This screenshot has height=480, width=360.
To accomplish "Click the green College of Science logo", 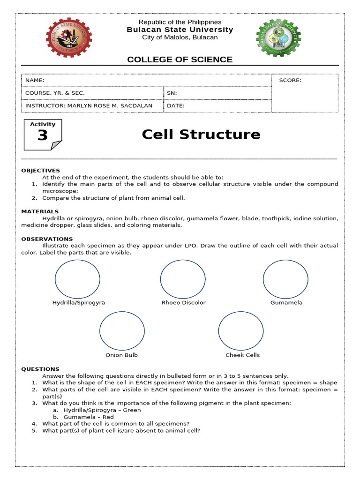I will tap(278, 37).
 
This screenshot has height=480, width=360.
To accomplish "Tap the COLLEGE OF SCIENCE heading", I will tap(180, 60).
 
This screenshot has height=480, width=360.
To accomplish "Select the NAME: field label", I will tap(35, 81).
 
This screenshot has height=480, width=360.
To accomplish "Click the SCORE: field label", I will tap(290, 80).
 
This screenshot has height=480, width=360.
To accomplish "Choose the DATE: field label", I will tap(176, 106).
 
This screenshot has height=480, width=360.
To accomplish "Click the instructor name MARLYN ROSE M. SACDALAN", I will tap(110, 106).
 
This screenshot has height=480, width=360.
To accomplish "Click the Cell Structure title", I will tap(201, 135).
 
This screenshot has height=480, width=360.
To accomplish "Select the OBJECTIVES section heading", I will tap(40, 171).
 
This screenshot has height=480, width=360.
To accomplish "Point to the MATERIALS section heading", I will tap(40, 212).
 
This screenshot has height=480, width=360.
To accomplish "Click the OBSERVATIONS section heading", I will tap(47, 239).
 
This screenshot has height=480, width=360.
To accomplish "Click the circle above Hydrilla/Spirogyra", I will tap(77, 279).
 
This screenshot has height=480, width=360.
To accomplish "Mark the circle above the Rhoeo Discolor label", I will tap(183, 279).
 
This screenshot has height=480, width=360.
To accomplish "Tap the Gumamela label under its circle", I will tap(286, 303).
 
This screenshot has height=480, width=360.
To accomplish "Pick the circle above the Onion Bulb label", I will tap(122, 331).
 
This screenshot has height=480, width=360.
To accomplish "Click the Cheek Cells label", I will tap(242, 355).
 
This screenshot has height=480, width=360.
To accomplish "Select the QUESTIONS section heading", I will tap(40, 369).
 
